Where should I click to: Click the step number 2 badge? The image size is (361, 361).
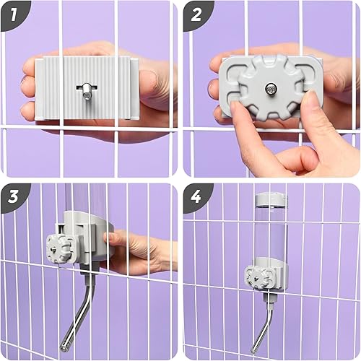coord(196,14)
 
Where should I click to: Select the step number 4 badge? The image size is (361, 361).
coord(196,196)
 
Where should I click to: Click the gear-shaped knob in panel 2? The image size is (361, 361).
coord(268,90)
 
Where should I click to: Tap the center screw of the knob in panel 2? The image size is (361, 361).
coord(269,89)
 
